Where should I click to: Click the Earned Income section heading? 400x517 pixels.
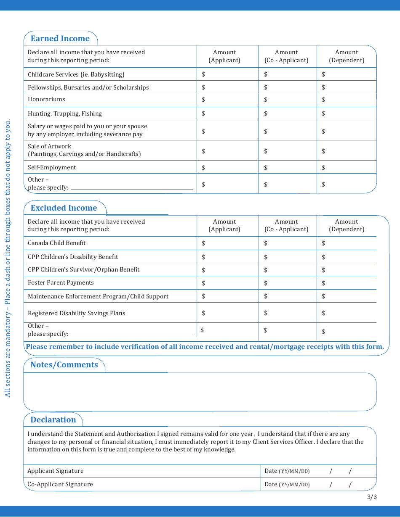coord(60,39)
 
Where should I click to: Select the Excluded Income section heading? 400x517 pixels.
coord(64,208)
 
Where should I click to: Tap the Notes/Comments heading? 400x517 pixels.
coord(64,365)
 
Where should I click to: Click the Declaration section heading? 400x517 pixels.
coord(53,420)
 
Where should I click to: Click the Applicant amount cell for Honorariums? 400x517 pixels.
coord(227,100)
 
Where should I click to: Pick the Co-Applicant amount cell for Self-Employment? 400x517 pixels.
coord(288,167)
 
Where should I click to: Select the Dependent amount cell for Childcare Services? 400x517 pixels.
coord(347,74)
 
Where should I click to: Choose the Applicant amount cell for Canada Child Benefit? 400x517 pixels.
coord(227,243)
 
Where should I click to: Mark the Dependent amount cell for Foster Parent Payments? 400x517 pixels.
coord(347,283)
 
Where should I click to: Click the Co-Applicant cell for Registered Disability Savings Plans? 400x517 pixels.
coord(288,313)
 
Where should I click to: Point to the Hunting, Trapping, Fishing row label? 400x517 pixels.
coord(65,113)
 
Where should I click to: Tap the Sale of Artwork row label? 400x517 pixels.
coord(84,150)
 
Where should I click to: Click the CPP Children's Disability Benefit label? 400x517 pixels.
coord(73,257)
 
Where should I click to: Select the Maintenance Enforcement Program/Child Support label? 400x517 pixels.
coord(98,296)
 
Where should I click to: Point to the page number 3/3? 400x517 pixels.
coord(372,497)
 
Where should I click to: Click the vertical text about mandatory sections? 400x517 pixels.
coord(8,258)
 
